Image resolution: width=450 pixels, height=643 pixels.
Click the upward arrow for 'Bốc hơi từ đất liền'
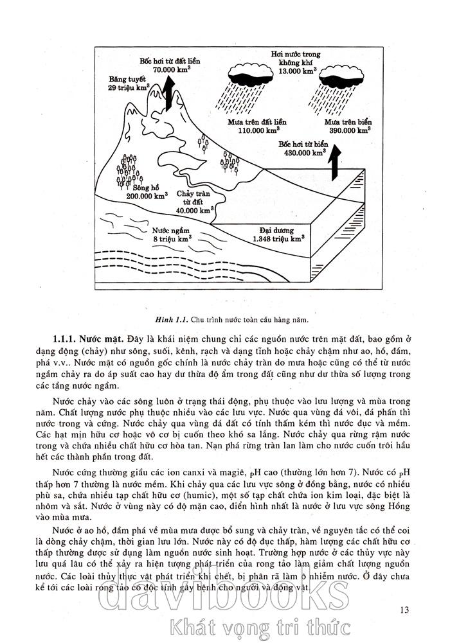coord(167,92)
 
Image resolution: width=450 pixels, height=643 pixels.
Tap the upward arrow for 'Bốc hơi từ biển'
coord(333,163)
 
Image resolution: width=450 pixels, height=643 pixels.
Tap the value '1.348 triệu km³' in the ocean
coord(278,238)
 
